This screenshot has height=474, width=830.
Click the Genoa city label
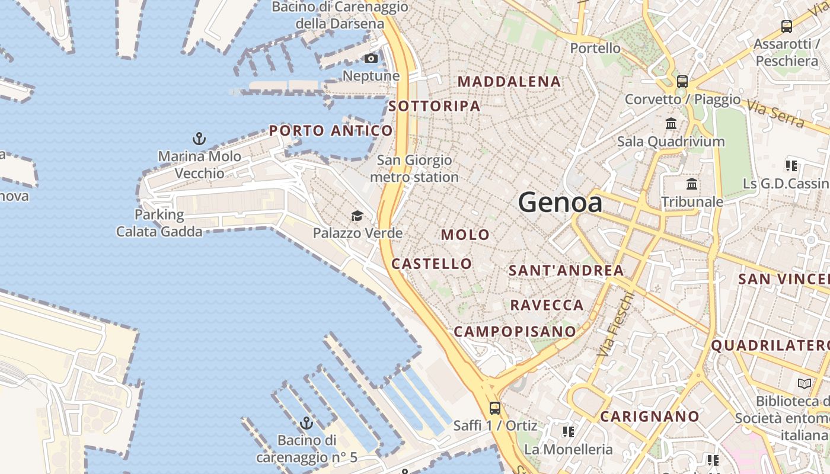560,203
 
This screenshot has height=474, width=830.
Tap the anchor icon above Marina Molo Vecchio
199,139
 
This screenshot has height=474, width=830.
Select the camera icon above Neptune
371,58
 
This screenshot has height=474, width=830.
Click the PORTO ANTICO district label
331,130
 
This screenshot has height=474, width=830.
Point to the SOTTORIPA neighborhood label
435,106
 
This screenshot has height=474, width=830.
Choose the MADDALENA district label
509,82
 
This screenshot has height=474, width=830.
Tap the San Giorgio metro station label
414,168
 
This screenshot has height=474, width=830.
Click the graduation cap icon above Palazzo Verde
357,216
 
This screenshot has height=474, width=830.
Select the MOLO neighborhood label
465,235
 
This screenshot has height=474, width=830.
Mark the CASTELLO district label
432,264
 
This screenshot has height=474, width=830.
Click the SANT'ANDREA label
566,271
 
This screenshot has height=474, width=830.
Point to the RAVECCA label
547,305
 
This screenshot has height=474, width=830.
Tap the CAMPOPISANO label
515,331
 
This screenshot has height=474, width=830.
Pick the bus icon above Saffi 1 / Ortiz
495,408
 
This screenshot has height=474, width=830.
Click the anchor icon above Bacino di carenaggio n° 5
307,423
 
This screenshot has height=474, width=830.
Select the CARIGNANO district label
650,417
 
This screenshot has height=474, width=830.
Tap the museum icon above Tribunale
691,184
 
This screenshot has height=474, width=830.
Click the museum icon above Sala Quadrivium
671,124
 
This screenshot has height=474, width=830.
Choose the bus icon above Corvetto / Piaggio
682,82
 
